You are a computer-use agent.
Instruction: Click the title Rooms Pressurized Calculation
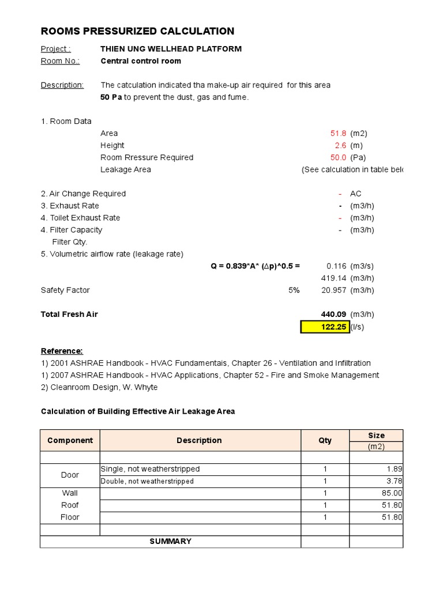pyautogui.click(x=137, y=32)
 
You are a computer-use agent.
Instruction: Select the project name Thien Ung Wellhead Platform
pyautogui.click(x=171, y=49)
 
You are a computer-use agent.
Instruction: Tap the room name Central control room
pyautogui.click(x=141, y=61)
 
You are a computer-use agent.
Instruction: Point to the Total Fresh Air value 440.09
pyautogui.click(x=333, y=315)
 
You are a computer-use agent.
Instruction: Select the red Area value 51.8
pyautogui.click(x=338, y=133)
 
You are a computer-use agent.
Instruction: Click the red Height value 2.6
pyautogui.click(x=340, y=145)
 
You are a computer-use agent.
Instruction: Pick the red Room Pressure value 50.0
pyautogui.click(x=338, y=157)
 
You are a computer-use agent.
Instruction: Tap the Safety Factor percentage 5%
pyautogui.click(x=294, y=290)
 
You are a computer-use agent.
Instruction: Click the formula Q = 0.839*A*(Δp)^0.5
pyautogui.click(x=255, y=266)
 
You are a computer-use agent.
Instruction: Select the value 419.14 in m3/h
pyautogui.click(x=333, y=278)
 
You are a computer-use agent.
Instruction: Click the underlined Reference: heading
pyautogui.click(x=62, y=351)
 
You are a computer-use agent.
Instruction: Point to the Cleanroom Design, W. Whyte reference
pyautogui.click(x=99, y=387)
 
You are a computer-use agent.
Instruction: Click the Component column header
pyautogui.click(x=70, y=440)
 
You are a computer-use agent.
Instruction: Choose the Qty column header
pyautogui.click(x=325, y=440)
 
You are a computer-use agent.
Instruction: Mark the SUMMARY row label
pyautogui.click(x=170, y=542)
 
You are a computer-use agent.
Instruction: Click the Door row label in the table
pyautogui.click(x=70, y=475)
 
